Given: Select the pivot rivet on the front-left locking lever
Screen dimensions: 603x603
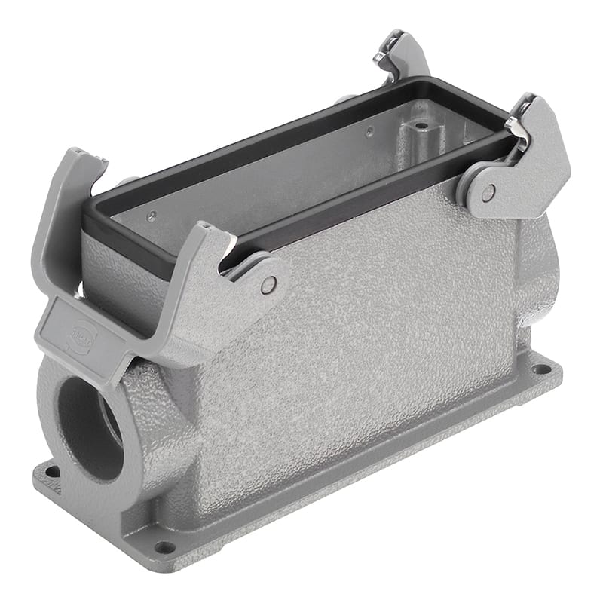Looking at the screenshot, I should tap(268, 284).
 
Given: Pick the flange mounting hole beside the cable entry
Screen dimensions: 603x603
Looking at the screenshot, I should tap(52, 472).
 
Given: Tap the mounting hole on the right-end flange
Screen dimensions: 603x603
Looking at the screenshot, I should tap(540, 369).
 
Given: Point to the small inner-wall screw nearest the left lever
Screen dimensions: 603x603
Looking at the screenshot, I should tap(152, 215).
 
